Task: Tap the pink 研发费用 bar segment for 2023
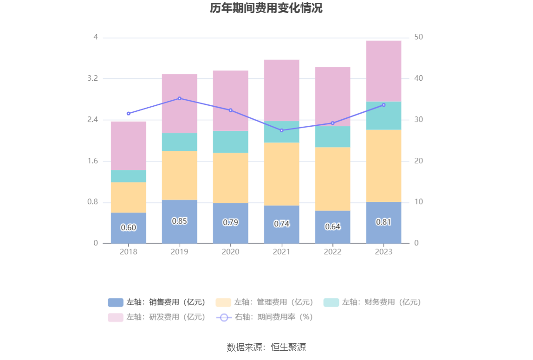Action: (x=383, y=71)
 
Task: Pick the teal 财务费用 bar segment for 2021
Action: (x=281, y=132)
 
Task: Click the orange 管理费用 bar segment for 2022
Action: (x=332, y=179)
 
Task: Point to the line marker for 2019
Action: (x=180, y=98)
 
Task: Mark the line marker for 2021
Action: (x=281, y=130)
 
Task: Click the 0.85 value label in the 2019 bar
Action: (x=180, y=221)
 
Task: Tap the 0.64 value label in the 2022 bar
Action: (x=332, y=227)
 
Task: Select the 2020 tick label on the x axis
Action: (x=230, y=252)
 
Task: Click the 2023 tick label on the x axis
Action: (x=383, y=252)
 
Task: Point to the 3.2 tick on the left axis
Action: (x=92, y=78)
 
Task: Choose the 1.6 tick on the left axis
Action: (x=92, y=161)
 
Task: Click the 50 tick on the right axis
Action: (x=418, y=37)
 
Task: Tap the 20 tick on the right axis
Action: (x=418, y=161)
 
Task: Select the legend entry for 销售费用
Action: (x=157, y=302)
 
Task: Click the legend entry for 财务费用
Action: (x=372, y=302)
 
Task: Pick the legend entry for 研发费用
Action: (x=157, y=317)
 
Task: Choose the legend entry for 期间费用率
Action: (x=265, y=317)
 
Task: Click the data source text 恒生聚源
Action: (x=266, y=347)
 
